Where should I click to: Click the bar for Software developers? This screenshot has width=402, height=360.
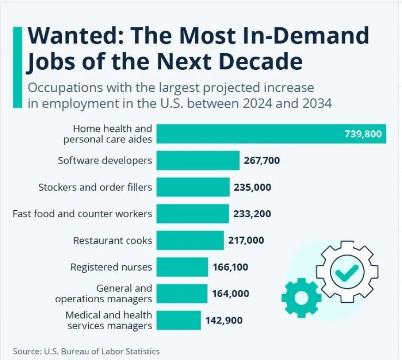pos(198,160)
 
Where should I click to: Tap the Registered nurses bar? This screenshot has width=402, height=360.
pos(182,267)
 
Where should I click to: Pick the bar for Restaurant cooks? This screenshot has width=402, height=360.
pos(190,240)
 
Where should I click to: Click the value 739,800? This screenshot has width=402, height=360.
pos(363,134)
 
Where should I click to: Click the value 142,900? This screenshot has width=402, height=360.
pos(224,320)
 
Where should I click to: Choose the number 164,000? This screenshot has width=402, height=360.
pos(231,293)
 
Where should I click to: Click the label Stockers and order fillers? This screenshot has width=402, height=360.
pos(95,187)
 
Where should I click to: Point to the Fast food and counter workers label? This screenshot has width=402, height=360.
pos(82,214)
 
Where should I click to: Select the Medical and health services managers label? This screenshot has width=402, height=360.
pos(109,320)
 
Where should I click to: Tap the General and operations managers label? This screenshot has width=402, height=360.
pos(104,293)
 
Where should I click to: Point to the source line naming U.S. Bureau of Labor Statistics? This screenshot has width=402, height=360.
pos(86,351)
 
